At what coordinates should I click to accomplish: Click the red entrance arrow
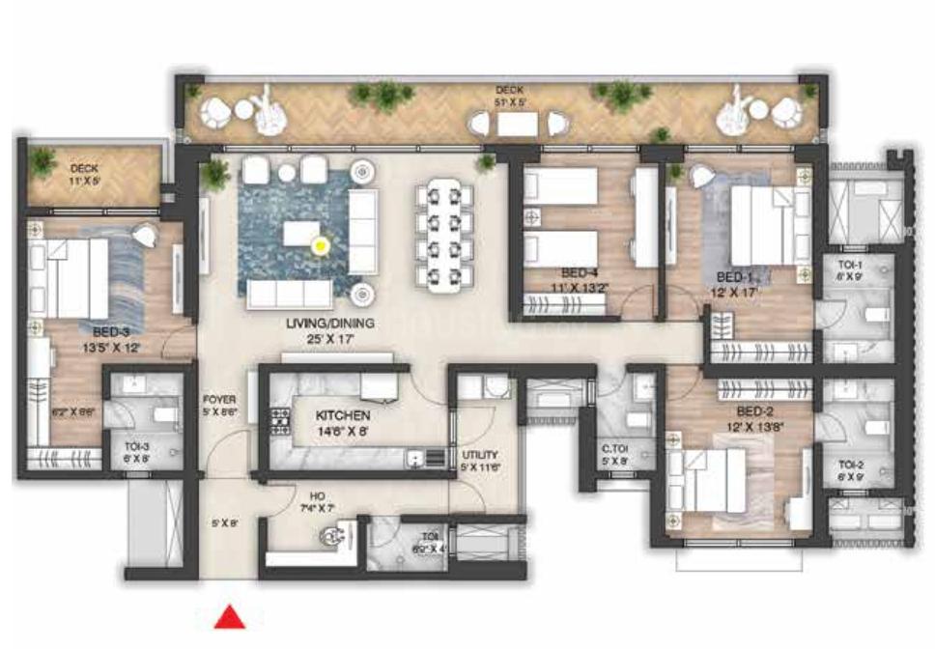pyautogui.click(x=229, y=616)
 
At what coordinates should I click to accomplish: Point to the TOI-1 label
pyautogui.click(x=849, y=266)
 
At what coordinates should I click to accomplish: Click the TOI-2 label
pyautogui.click(x=851, y=464)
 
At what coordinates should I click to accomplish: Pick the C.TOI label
pyautogui.click(x=616, y=448)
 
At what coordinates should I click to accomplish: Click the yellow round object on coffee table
pyautogui.click(x=320, y=246)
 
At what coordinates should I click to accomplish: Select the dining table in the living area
pyautogui.click(x=447, y=236)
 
